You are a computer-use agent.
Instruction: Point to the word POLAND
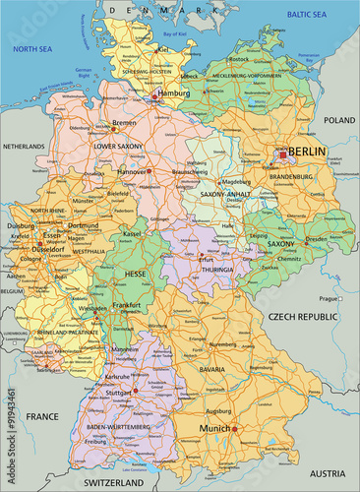pyautogui.click(x=338, y=119)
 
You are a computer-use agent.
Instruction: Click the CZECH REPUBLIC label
pyautogui.click(x=303, y=317)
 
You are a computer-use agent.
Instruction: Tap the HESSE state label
pyautogui.click(x=135, y=274)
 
